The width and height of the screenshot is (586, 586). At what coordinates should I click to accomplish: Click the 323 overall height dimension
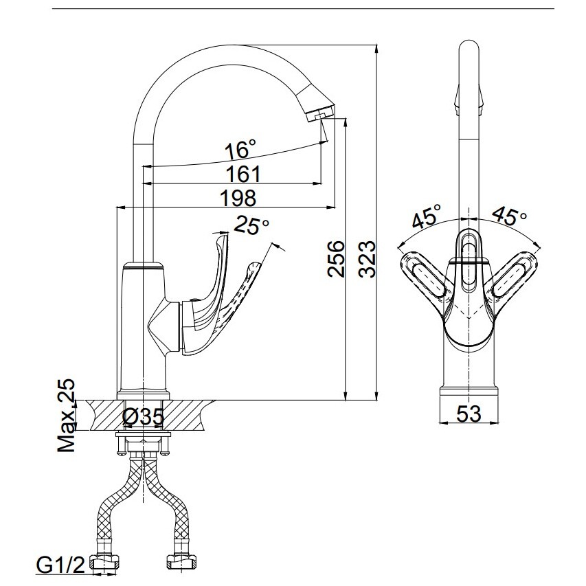pos(367,259)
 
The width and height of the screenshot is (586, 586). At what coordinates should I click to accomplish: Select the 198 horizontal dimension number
pos(238,198)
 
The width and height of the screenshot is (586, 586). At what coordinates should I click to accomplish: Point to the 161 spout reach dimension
pos(243,174)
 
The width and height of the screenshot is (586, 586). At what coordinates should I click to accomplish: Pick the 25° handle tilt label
pos(251,225)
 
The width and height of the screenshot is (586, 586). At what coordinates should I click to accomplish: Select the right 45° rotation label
pos(509,216)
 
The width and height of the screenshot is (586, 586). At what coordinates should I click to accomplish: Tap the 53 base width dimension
pos(469,414)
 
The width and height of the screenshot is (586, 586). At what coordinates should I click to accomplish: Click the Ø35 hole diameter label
pos(143,417)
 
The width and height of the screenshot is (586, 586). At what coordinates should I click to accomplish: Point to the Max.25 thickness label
pos(66,416)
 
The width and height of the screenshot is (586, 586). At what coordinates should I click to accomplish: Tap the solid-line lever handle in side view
pos(203,295)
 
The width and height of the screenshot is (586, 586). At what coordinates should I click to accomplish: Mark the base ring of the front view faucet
pos(469,392)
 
